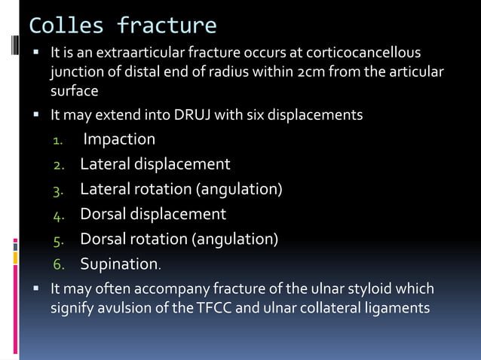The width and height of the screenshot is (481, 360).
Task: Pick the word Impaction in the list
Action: click(x=119, y=139)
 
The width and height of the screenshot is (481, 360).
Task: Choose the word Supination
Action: click(x=118, y=264)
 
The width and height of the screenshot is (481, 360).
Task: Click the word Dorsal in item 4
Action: click(x=103, y=214)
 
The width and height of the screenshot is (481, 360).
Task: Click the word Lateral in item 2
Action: click(x=104, y=164)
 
